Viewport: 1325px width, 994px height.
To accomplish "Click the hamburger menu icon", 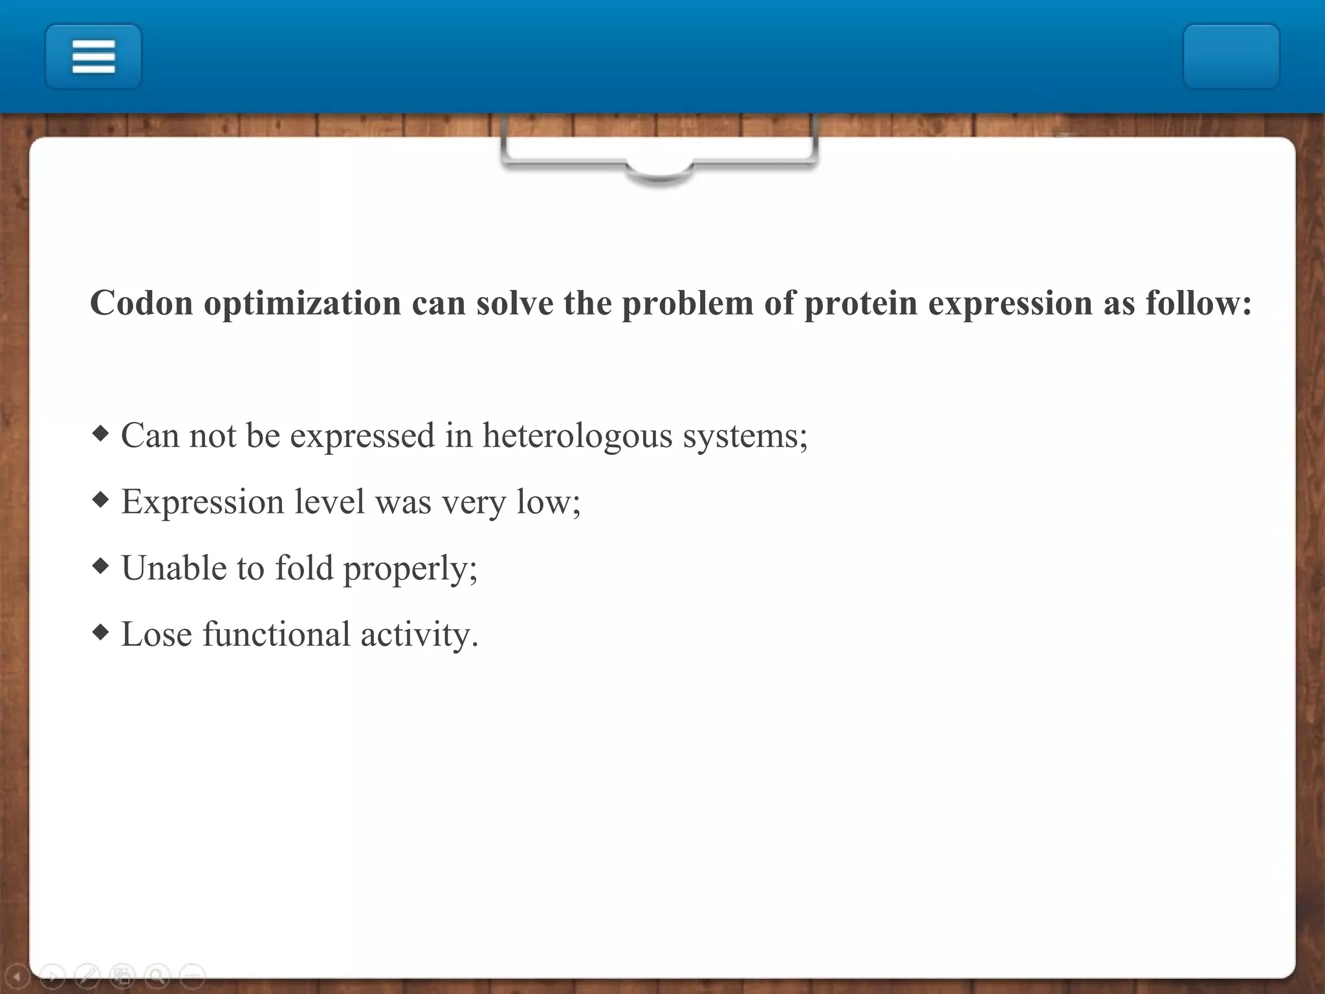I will pos(93,56).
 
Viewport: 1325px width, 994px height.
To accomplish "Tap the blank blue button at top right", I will pos(1231,56).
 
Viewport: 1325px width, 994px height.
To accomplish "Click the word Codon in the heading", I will pos(142,303).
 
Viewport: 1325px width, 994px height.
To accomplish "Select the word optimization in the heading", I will pos(302,303).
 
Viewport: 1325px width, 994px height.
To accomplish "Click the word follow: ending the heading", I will pos(1198,303).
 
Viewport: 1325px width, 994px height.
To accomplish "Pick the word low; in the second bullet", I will pos(548,502).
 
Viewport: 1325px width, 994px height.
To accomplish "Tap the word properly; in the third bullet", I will pos(410,569).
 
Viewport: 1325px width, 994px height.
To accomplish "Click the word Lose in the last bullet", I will pos(157,634).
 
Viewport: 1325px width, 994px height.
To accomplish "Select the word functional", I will pos(276,634).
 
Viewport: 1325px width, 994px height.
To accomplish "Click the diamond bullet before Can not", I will pos(101,433).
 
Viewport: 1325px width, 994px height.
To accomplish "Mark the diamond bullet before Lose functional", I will pos(101,632).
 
